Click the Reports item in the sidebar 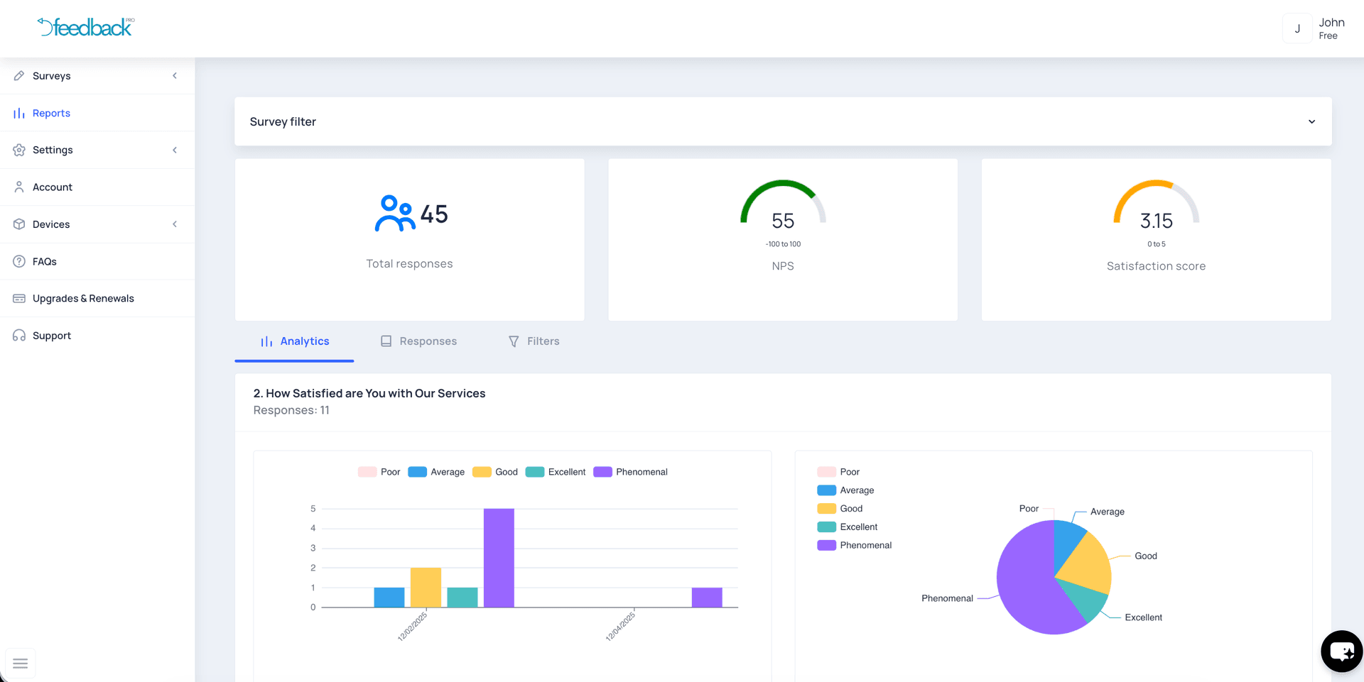pyautogui.click(x=51, y=114)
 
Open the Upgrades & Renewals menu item pyautogui.click(x=83, y=299)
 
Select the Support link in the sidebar pyautogui.click(x=51, y=336)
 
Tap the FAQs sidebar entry pyautogui.click(x=44, y=262)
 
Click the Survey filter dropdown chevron pyautogui.click(x=1311, y=122)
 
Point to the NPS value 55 pyautogui.click(x=783, y=221)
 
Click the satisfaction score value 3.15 pyautogui.click(x=1156, y=221)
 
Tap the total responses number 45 pyautogui.click(x=434, y=214)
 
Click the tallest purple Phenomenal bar pyautogui.click(x=499, y=558)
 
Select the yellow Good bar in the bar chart pyautogui.click(x=426, y=588)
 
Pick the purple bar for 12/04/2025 pyautogui.click(x=707, y=598)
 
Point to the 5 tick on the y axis pyautogui.click(x=313, y=509)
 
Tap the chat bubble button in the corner pyautogui.click(x=1341, y=651)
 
